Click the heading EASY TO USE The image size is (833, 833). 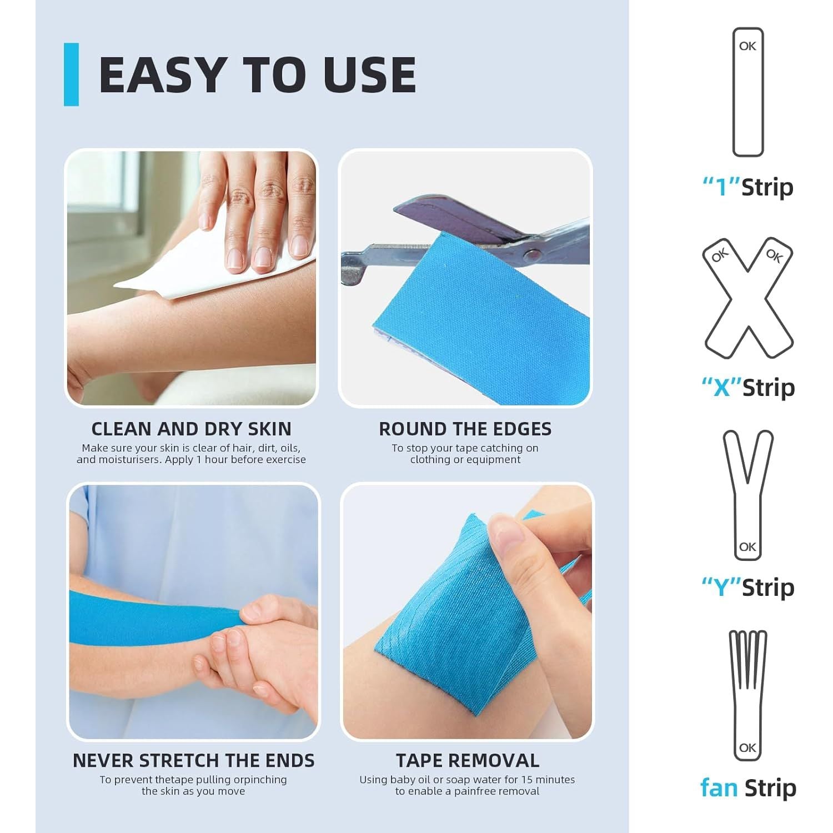(x=257, y=74)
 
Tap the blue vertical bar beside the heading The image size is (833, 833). (x=71, y=74)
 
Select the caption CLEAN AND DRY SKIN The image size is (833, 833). (x=191, y=429)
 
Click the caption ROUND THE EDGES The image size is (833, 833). (x=465, y=429)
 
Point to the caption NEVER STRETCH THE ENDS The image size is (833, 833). (x=193, y=760)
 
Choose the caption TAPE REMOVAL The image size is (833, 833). (x=468, y=760)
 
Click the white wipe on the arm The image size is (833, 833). (x=183, y=267)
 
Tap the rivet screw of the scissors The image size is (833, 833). (x=531, y=255)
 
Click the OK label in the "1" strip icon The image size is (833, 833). (x=747, y=46)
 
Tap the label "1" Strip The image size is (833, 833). (x=748, y=187)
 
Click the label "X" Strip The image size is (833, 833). (x=748, y=387)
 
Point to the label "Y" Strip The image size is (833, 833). (x=748, y=587)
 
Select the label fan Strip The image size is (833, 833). (x=748, y=787)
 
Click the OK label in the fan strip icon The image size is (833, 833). (x=747, y=747)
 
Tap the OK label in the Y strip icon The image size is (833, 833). (x=747, y=547)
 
